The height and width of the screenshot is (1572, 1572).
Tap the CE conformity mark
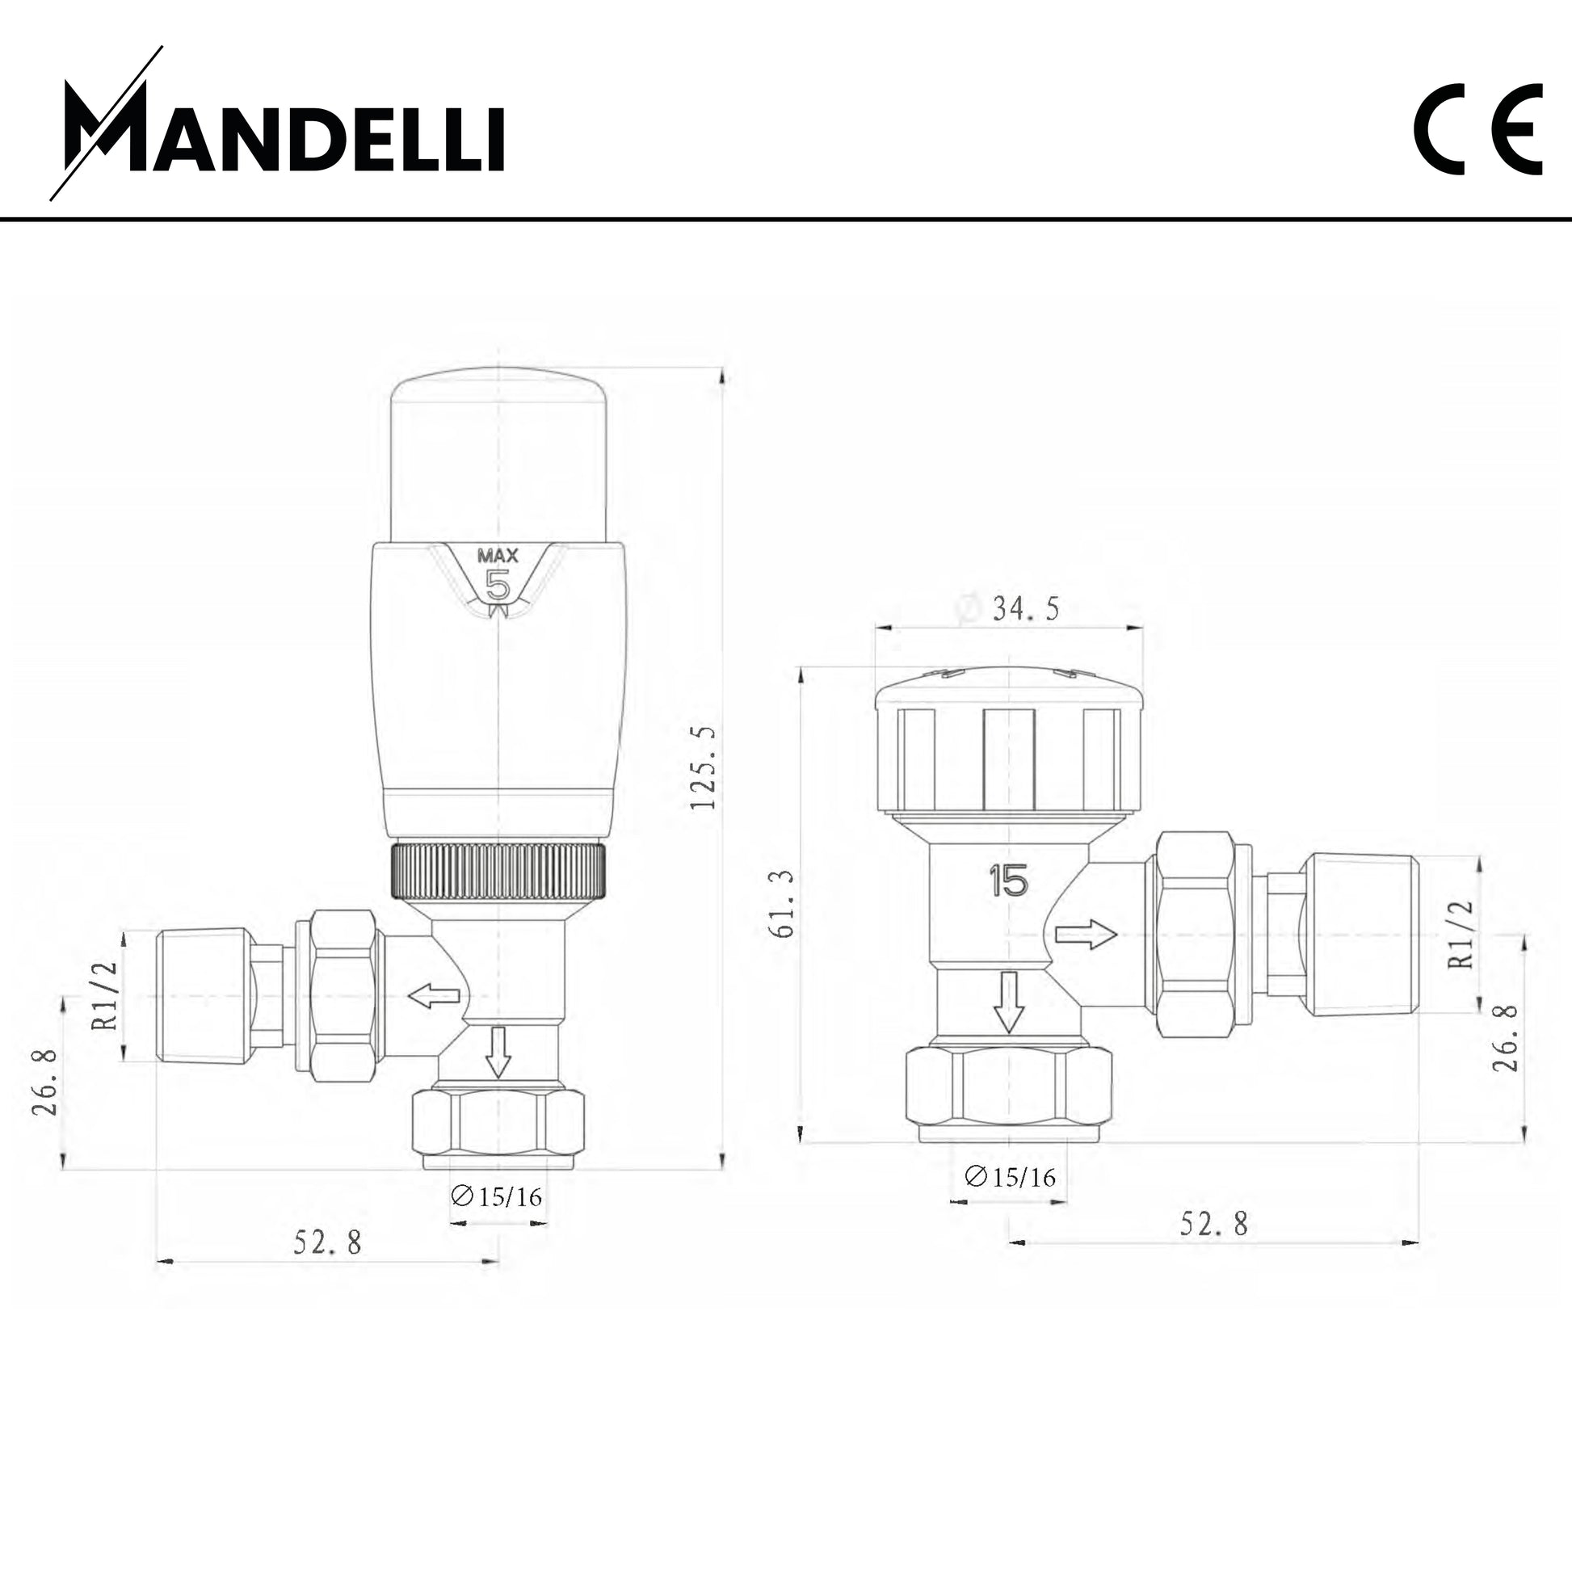[1477, 129]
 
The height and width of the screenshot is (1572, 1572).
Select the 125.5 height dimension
[703, 767]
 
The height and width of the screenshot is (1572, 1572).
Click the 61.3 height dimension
[782, 903]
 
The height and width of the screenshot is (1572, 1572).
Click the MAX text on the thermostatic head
[497, 557]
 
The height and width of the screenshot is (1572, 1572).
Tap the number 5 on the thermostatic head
[497, 585]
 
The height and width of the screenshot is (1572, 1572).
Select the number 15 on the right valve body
[1009, 881]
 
